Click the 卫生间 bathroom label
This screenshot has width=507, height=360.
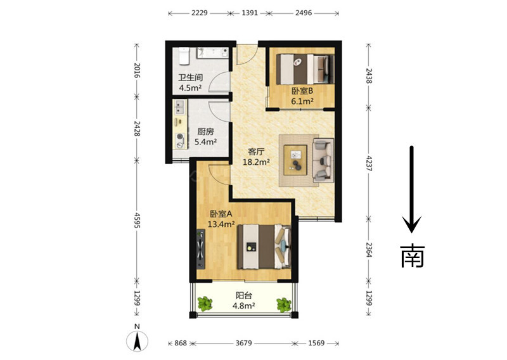191,78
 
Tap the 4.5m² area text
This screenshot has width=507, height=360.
191,88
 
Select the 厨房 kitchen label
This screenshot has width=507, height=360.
205,132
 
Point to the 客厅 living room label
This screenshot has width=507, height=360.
256,151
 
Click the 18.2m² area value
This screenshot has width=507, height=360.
256,162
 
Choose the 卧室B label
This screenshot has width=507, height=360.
302,91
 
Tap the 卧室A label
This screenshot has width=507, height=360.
221,214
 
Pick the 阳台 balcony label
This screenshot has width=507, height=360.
244,295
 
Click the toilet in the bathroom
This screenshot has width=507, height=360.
184,56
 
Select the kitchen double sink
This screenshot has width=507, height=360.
179,107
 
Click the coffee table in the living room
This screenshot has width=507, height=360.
295,160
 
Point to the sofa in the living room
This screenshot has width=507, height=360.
323,160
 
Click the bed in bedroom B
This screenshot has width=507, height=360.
305,68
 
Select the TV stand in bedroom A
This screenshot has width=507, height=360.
201,249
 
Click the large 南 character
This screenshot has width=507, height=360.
412,255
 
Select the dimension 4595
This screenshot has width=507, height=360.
138,221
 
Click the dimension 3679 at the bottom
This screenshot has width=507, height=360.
243,343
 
